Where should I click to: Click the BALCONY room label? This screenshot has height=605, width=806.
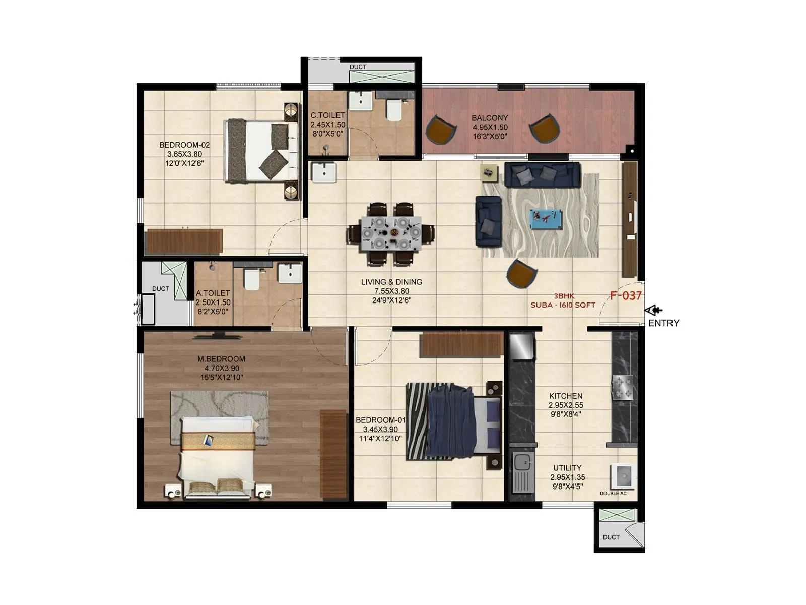click(x=490, y=118)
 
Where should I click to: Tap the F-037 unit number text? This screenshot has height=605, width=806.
click(x=626, y=296)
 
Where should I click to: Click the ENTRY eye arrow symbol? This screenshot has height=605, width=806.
click(x=653, y=311)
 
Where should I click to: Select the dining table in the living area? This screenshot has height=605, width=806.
click(x=391, y=233)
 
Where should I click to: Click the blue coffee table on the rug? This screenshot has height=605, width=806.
click(x=546, y=219)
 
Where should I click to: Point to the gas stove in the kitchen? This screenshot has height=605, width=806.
click(x=622, y=388)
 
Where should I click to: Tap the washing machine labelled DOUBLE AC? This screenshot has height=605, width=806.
click(x=621, y=476)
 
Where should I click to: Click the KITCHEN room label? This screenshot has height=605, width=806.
click(x=566, y=396)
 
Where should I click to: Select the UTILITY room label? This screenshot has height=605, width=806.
click(x=567, y=468)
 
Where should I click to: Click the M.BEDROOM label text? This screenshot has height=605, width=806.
click(x=221, y=359)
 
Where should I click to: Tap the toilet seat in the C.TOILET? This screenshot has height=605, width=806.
click(x=394, y=110)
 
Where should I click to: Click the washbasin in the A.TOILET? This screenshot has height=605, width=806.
click(x=290, y=273)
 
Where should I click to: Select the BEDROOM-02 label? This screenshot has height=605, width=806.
click(x=184, y=145)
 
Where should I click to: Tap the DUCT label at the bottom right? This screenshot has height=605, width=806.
click(x=611, y=537)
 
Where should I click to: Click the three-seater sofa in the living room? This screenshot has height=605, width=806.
click(x=542, y=174)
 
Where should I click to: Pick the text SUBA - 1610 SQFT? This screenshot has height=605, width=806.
click(x=563, y=305)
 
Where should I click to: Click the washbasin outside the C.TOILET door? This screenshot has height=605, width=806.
click(x=323, y=172)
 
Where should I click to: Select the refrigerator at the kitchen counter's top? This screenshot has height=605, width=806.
click(x=521, y=346)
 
